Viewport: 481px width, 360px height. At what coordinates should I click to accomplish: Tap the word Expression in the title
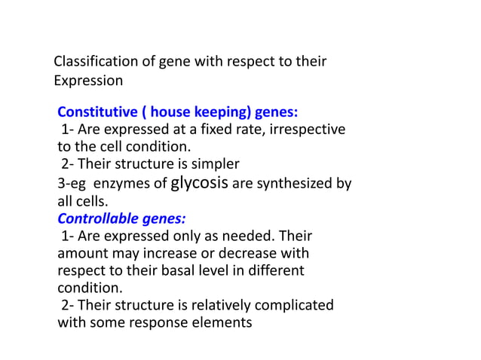(88, 80)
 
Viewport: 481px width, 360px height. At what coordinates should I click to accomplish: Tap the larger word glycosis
(201, 182)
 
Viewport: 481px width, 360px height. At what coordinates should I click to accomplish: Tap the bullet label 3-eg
(72, 183)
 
